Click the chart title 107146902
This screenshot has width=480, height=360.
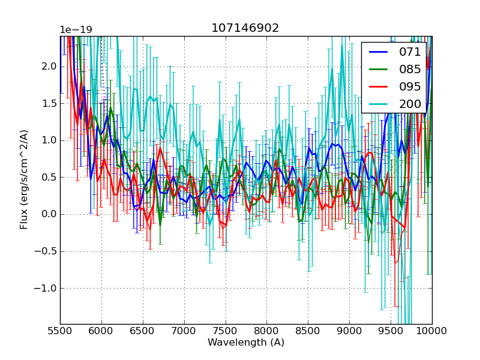[245, 28]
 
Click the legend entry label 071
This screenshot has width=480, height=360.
[410, 52]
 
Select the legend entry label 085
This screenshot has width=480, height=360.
[410, 69]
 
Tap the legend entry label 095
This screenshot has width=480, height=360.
[410, 86]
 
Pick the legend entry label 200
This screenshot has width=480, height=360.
[410, 104]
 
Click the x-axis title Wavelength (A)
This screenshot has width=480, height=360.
[246, 343]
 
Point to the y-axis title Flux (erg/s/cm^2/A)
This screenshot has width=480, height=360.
[24, 179]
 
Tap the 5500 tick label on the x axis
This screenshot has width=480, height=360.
[60, 331]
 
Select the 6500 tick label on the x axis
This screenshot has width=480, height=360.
[143, 331]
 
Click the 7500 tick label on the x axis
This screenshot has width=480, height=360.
[226, 331]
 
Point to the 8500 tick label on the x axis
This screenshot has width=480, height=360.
[308, 331]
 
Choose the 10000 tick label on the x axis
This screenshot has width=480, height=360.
[432, 331]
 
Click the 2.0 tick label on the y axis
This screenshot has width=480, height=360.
[49, 66]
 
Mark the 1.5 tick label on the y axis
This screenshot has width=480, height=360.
[49, 103]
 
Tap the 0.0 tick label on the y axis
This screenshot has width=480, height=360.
[49, 214]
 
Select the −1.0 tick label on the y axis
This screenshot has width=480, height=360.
[47, 288]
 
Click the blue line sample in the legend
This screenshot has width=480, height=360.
[378, 52]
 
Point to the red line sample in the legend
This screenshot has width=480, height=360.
[378, 86]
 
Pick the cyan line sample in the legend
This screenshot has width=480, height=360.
[378, 104]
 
